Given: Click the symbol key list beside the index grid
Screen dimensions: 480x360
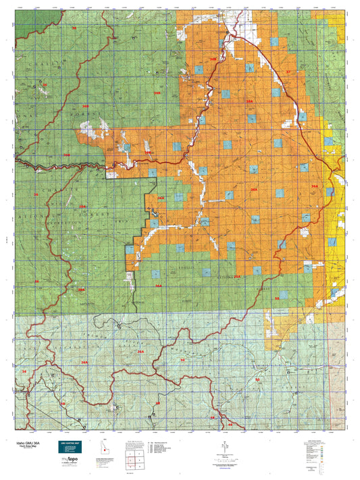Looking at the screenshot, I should coord(162,446).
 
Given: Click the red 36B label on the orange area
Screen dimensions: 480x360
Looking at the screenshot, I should coord(213,59).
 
